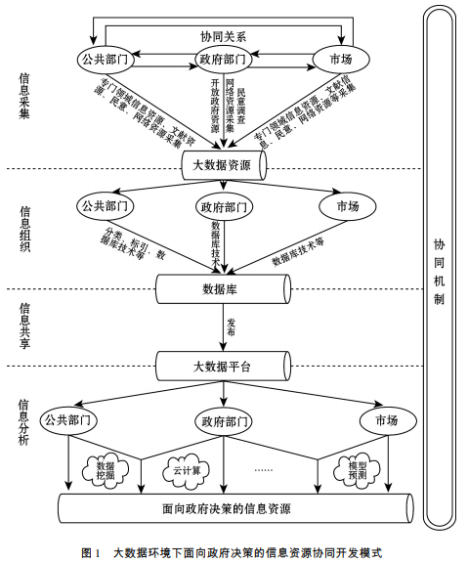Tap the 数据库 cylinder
222,288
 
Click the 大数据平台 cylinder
222,367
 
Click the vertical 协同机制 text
439,271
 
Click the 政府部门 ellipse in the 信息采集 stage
224,60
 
